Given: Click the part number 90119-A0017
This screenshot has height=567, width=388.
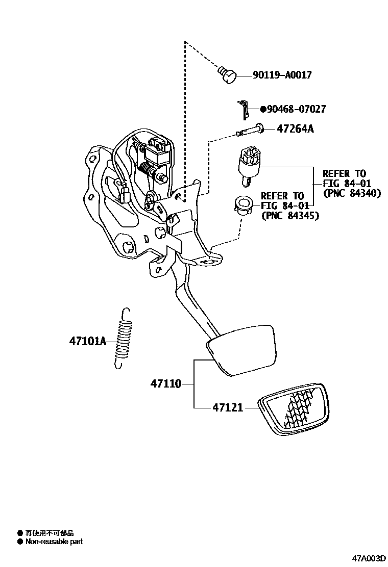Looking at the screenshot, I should (282, 75).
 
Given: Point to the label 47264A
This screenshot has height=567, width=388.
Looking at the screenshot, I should (295, 129).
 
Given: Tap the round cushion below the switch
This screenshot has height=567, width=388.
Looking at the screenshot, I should (244, 205).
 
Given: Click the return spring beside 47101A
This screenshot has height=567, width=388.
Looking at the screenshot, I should (122, 338).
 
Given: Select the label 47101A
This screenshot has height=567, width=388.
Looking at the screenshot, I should (87, 341).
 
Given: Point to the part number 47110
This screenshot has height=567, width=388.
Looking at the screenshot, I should (165, 383).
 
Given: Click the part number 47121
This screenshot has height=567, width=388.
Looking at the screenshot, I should (228, 407).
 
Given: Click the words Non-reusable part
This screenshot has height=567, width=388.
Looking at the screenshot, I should (54, 542).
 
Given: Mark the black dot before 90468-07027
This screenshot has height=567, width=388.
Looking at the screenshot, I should (263, 109).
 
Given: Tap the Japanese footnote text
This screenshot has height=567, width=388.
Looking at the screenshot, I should (49, 533).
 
